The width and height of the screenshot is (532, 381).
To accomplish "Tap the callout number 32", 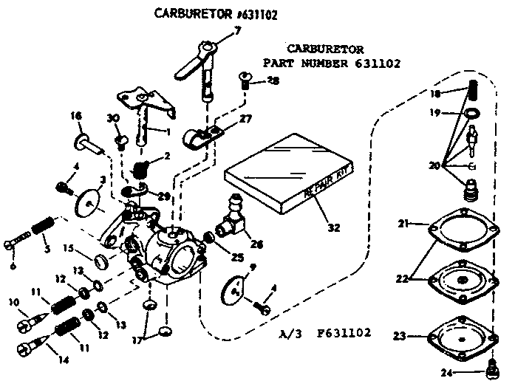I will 333,227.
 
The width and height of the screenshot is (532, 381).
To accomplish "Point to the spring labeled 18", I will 471,96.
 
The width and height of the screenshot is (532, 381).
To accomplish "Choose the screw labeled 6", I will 18,240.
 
